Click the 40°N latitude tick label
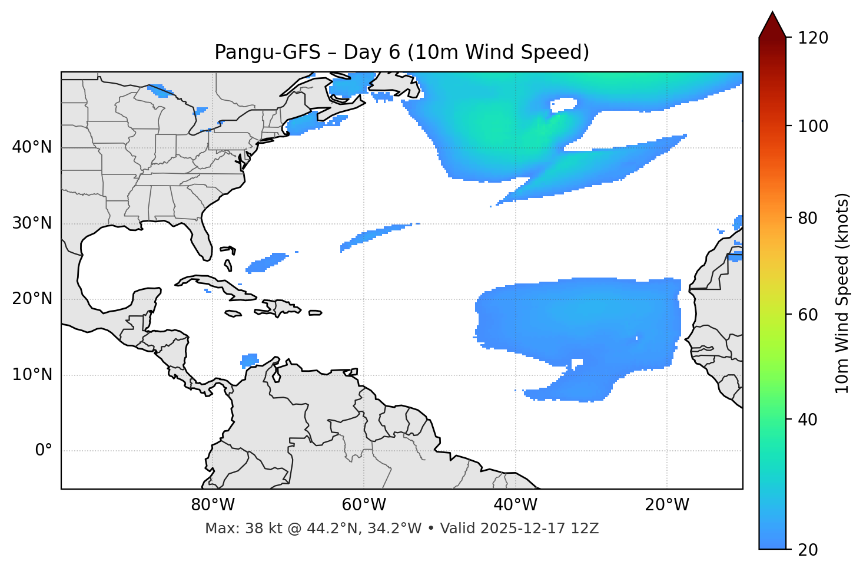[x=32, y=147]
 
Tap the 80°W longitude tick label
[x=213, y=505]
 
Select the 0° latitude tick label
[x=44, y=451]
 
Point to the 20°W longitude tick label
[x=667, y=505]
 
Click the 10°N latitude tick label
[x=32, y=375]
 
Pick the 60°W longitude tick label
[x=364, y=505]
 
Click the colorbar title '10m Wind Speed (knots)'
[x=842, y=293]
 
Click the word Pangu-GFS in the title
[x=267, y=52]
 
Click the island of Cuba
[x=215, y=285]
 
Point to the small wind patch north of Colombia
[x=250, y=359]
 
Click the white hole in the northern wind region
[x=563, y=104]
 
